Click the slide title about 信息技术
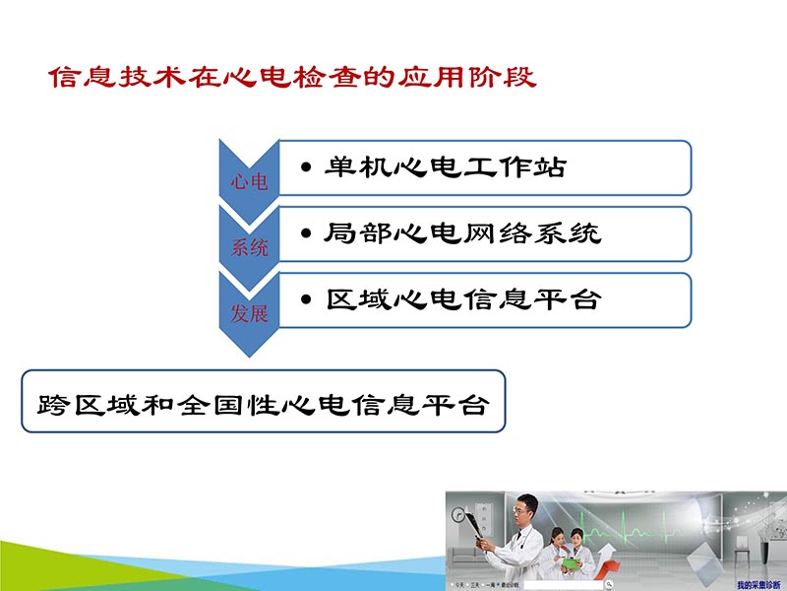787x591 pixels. point(292,78)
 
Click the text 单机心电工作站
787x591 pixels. point(446,167)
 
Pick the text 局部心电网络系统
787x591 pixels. point(462,233)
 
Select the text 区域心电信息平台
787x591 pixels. point(462,300)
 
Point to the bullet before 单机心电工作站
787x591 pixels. point(308,168)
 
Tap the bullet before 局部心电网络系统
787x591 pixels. point(308,234)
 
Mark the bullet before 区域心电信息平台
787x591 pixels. point(308,300)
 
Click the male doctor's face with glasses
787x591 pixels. point(524,509)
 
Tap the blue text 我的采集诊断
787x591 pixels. point(757,584)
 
